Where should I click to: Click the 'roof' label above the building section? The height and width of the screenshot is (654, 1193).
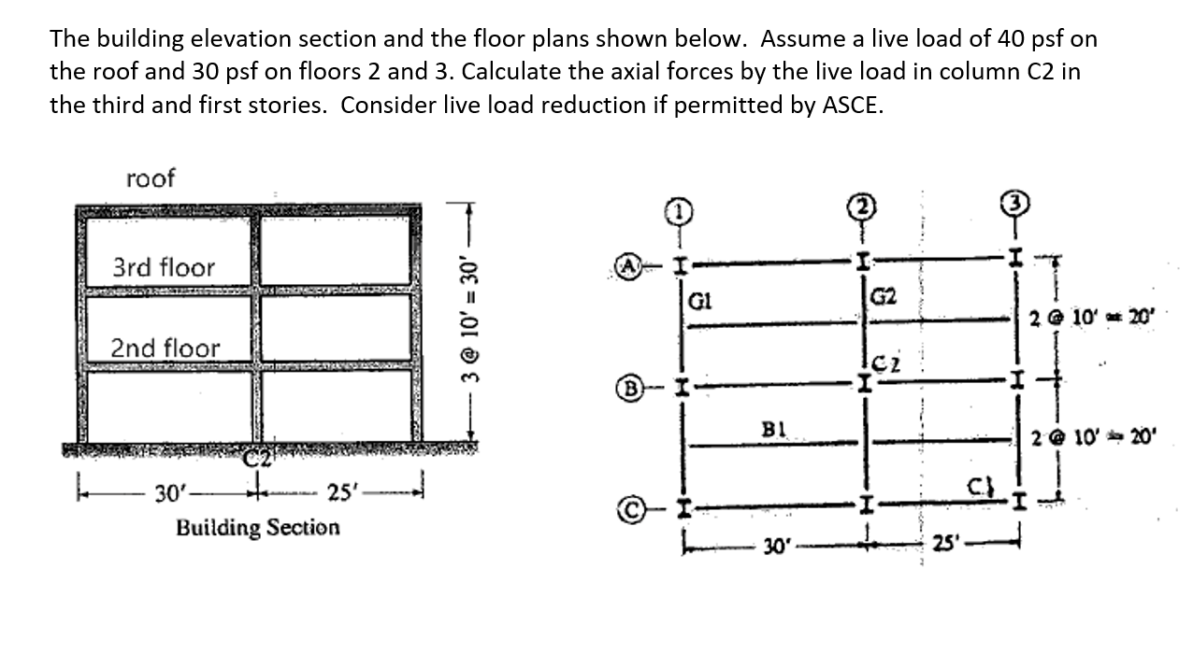click(x=150, y=178)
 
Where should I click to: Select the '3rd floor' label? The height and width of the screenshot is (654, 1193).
click(x=164, y=268)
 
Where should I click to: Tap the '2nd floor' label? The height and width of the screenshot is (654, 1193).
click(x=165, y=348)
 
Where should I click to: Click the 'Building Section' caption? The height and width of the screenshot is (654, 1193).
click(x=258, y=528)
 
